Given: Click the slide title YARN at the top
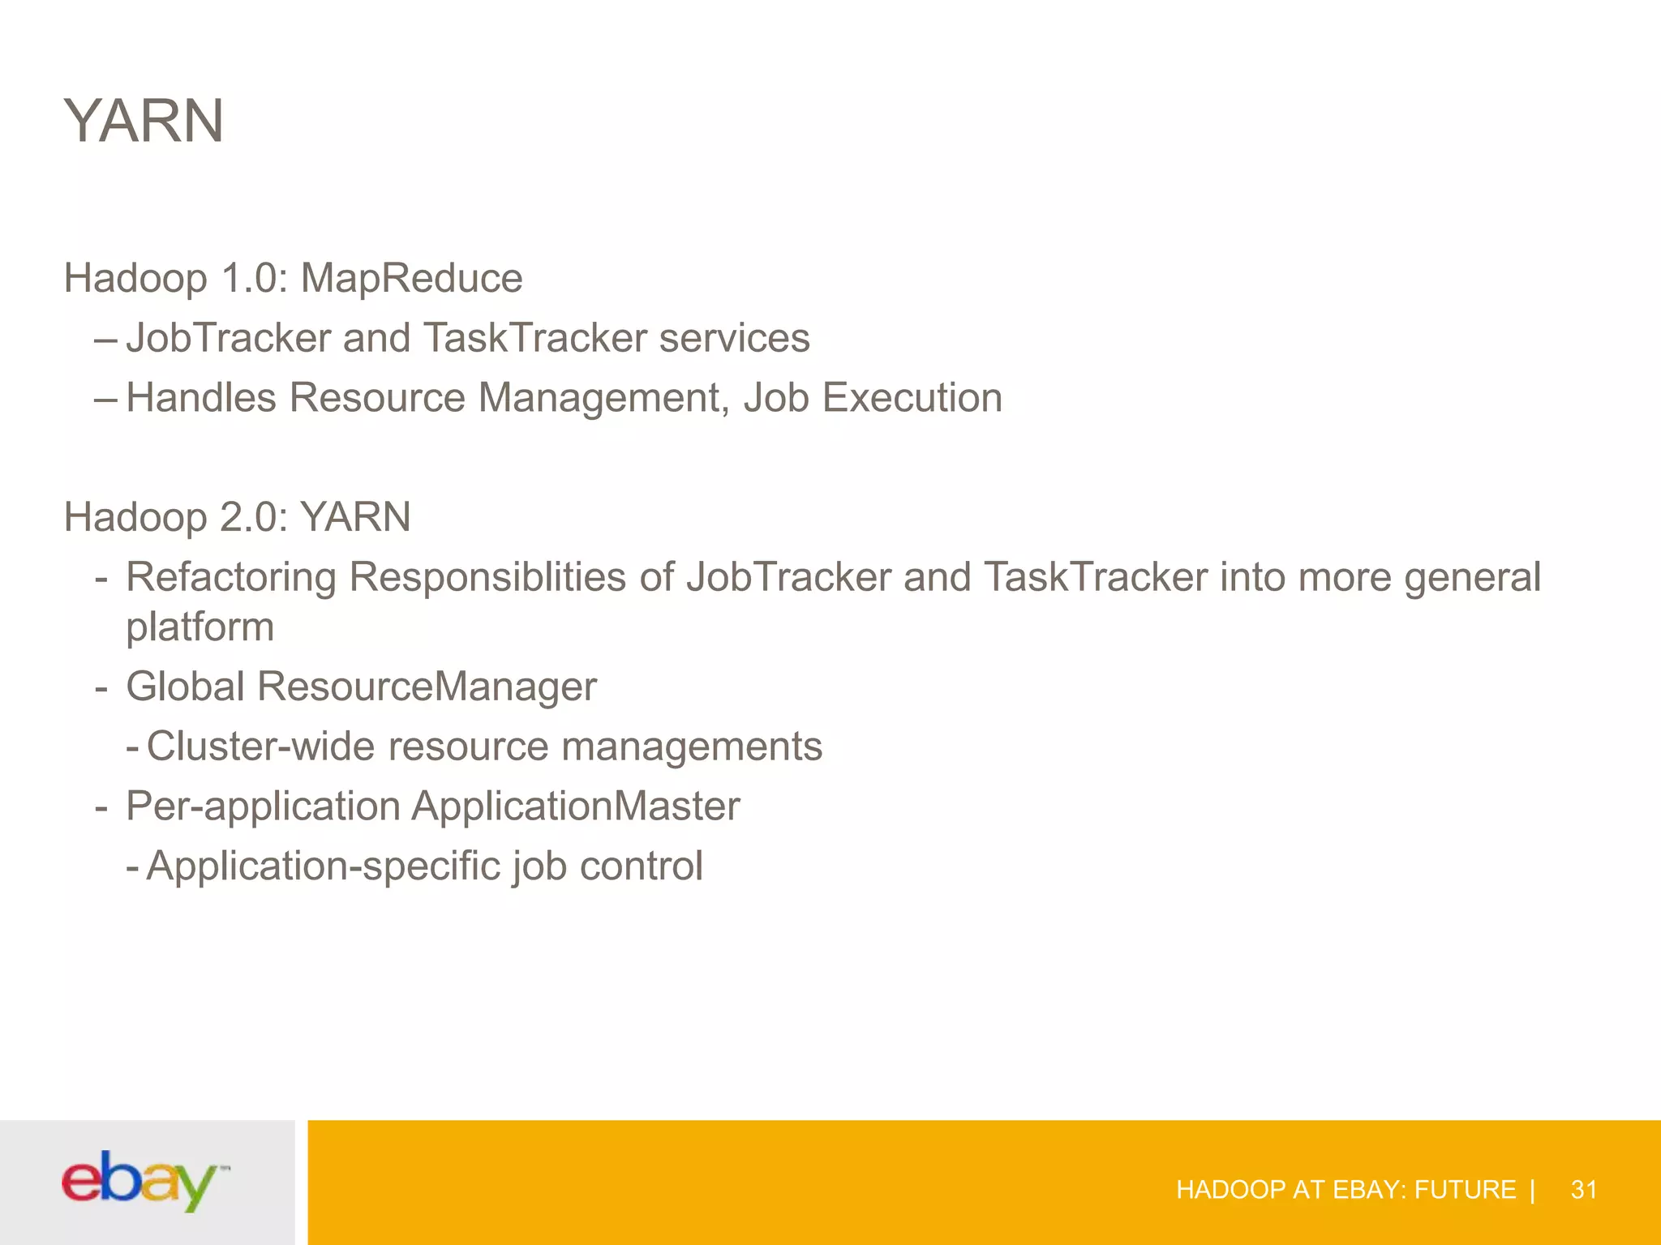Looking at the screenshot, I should [x=144, y=122].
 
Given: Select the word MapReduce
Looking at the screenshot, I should [x=411, y=279].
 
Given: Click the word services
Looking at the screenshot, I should [x=734, y=338].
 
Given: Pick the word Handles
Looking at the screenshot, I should [x=201, y=398].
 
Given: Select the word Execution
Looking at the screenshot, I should [x=912, y=398].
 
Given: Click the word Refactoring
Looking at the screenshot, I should [x=231, y=578].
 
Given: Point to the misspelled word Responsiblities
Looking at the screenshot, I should [x=487, y=578].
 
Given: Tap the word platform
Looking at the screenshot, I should [x=200, y=627].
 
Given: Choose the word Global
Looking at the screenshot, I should [x=186, y=687].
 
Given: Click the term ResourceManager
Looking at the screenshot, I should [x=427, y=687].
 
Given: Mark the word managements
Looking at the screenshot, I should [x=692, y=747].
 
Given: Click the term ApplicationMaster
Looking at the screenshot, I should [x=576, y=806].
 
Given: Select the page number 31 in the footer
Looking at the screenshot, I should [x=1584, y=1190].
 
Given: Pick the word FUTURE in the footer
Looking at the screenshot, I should [x=1465, y=1190].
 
